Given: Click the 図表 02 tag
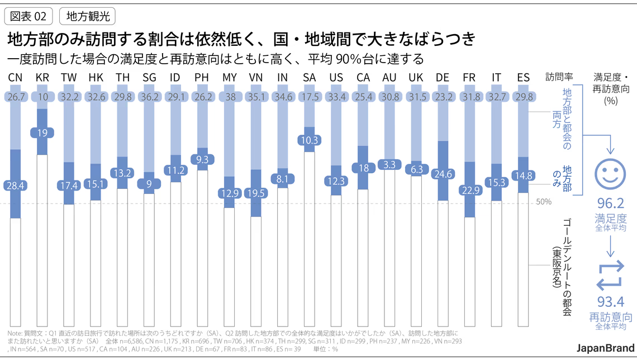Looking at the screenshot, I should (28, 16).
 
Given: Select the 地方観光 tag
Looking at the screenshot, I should (87, 16).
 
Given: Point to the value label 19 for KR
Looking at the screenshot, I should (42, 133).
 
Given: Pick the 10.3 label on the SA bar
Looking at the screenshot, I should (310, 140).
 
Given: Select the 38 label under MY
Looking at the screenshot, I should (229, 96).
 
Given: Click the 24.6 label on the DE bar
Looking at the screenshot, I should (443, 174).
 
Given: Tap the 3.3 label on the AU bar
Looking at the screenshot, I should (389, 165).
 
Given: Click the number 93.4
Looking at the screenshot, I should (611, 302).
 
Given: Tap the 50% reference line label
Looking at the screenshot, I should (544, 201).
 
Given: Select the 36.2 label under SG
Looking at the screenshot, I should (149, 96).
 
